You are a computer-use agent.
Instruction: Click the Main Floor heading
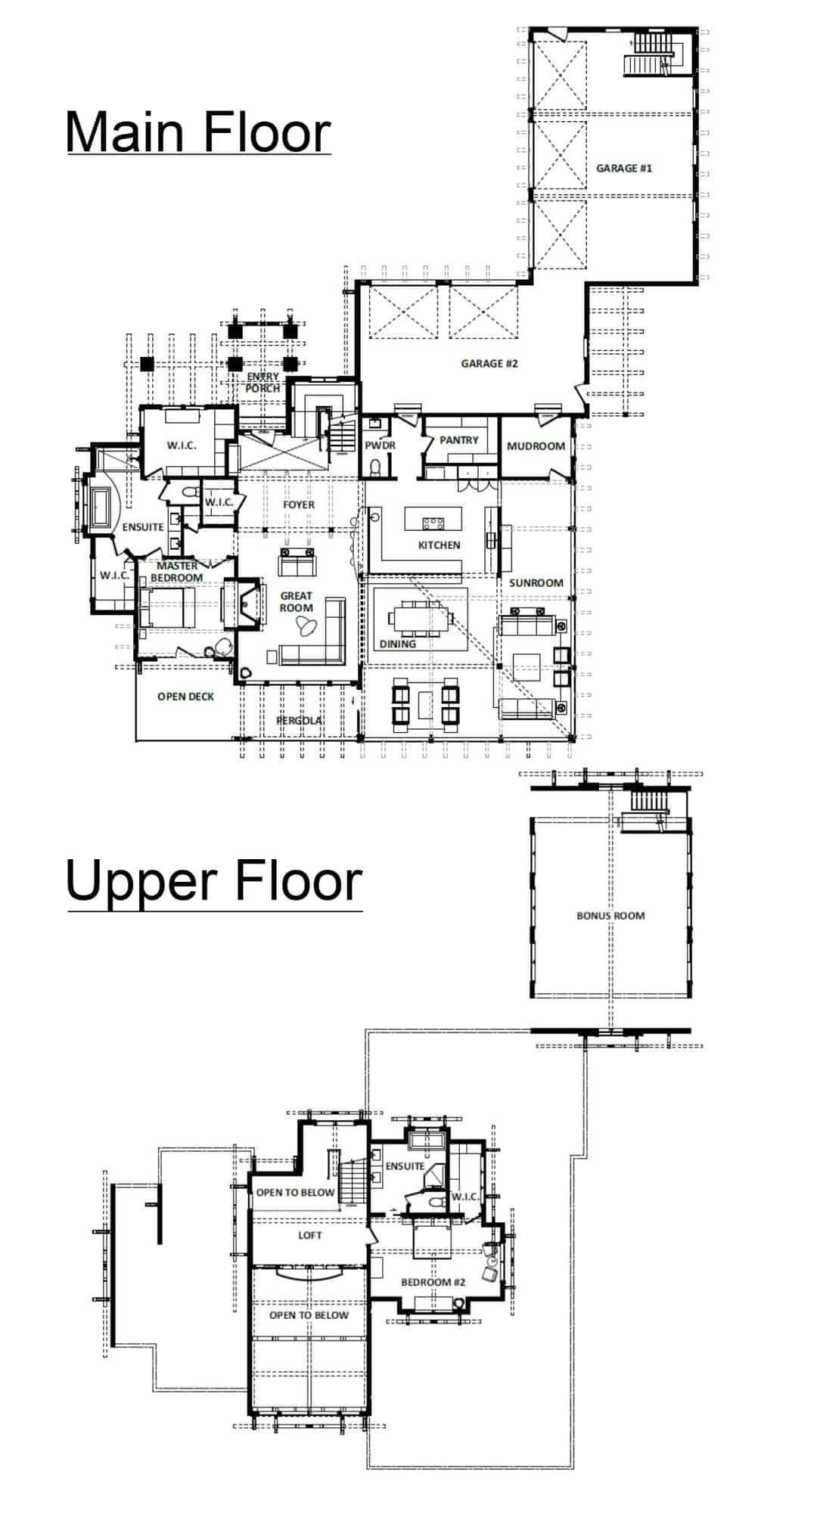pos(198,132)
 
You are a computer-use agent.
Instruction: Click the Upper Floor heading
pos(214,882)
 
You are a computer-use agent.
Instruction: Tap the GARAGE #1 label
pos(624,168)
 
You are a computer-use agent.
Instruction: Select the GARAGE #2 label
pos(489,363)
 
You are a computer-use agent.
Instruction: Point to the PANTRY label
pos(459,439)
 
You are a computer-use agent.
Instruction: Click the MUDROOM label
pos(536,446)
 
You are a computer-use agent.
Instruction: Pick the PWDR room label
pos(380,445)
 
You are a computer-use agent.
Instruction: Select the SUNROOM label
pos(536,583)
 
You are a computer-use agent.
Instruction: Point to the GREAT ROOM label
pos(296,602)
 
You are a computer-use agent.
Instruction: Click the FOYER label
pos(299,504)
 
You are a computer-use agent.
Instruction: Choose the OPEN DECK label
pos(186,697)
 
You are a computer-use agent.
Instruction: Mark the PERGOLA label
pos(300,721)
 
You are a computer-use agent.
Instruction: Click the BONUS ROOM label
pos(610,915)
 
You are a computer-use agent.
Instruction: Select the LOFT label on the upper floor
pos(310,1235)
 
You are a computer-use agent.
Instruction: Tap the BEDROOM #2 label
pos(433,1282)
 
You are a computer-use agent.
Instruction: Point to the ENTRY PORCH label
pos(262,382)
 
